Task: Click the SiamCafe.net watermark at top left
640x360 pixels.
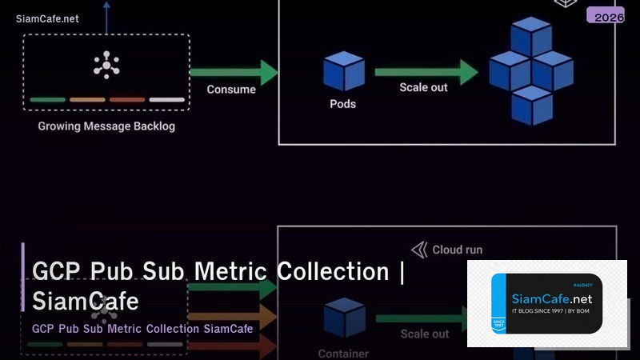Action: tap(47, 19)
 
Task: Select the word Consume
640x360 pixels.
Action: tap(231, 90)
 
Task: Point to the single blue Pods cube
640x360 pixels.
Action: tap(343, 71)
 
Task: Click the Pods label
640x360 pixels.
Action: tap(342, 104)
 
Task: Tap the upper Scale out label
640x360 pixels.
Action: tap(423, 87)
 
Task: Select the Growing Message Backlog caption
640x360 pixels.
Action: tap(106, 126)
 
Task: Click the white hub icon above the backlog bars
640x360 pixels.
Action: tap(106, 65)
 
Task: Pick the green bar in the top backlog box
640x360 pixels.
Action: tap(48, 100)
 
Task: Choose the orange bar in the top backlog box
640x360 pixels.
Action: tap(87, 100)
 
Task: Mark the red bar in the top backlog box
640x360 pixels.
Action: tap(126, 100)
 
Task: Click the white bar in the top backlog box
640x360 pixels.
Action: tap(166, 100)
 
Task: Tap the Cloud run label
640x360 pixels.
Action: tap(457, 250)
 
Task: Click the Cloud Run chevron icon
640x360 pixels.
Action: tap(419, 250)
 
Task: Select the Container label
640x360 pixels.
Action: tap(343, 354)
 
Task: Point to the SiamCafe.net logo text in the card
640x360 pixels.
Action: tap(550, 298)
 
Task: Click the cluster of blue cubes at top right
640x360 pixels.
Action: tap(530, 71)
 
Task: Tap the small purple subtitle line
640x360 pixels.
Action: tap(142, 329)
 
